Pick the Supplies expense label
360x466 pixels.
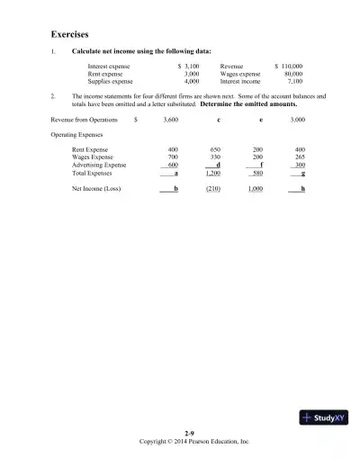click(111, 80)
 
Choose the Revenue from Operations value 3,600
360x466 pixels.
click(171, 119)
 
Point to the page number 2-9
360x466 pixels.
click(189, 434)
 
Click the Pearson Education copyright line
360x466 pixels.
click(193, 442)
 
